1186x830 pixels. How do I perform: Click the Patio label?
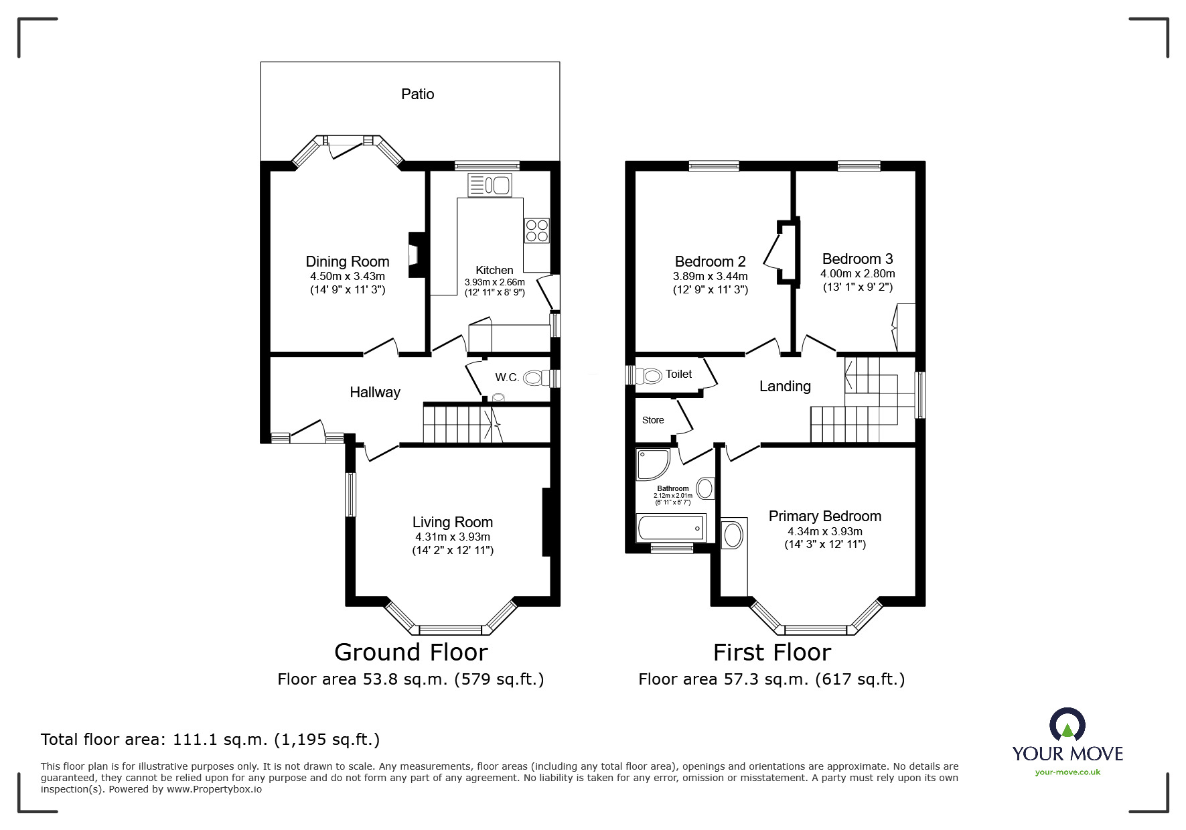click(x=417, y=94)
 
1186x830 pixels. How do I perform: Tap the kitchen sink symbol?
click(x=490, y=185)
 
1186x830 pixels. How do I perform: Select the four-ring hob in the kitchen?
click(x=537, y=230)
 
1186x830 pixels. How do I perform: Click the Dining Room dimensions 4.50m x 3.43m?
click(x=347, y=276)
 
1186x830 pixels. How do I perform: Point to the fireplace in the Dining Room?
click(x=416, y=255)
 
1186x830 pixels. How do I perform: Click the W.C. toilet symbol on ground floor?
click(x=534, y=378)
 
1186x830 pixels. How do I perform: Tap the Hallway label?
click(x=374, y=393)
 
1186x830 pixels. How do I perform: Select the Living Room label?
click(x=452, y=522)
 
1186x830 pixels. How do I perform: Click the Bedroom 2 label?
click(x=710, y=261)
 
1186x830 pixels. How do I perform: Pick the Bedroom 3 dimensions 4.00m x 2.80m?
click(x=857, y=273)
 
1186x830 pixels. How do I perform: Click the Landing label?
click(x=784, y=386)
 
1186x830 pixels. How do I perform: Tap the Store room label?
click(x=653, y=420)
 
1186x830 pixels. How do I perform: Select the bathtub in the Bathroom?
click(x=671, y=528)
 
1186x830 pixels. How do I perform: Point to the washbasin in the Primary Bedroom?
click(x=733, y=536)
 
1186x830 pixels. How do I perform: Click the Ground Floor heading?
click(x=411, y=652)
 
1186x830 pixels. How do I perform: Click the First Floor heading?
click(x=771, y=652)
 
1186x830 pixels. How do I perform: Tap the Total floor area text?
click(x=210, y=740)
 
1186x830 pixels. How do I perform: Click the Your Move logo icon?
click(x=1067, y=725)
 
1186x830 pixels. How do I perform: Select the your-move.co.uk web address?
click(x=1067, y=772)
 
